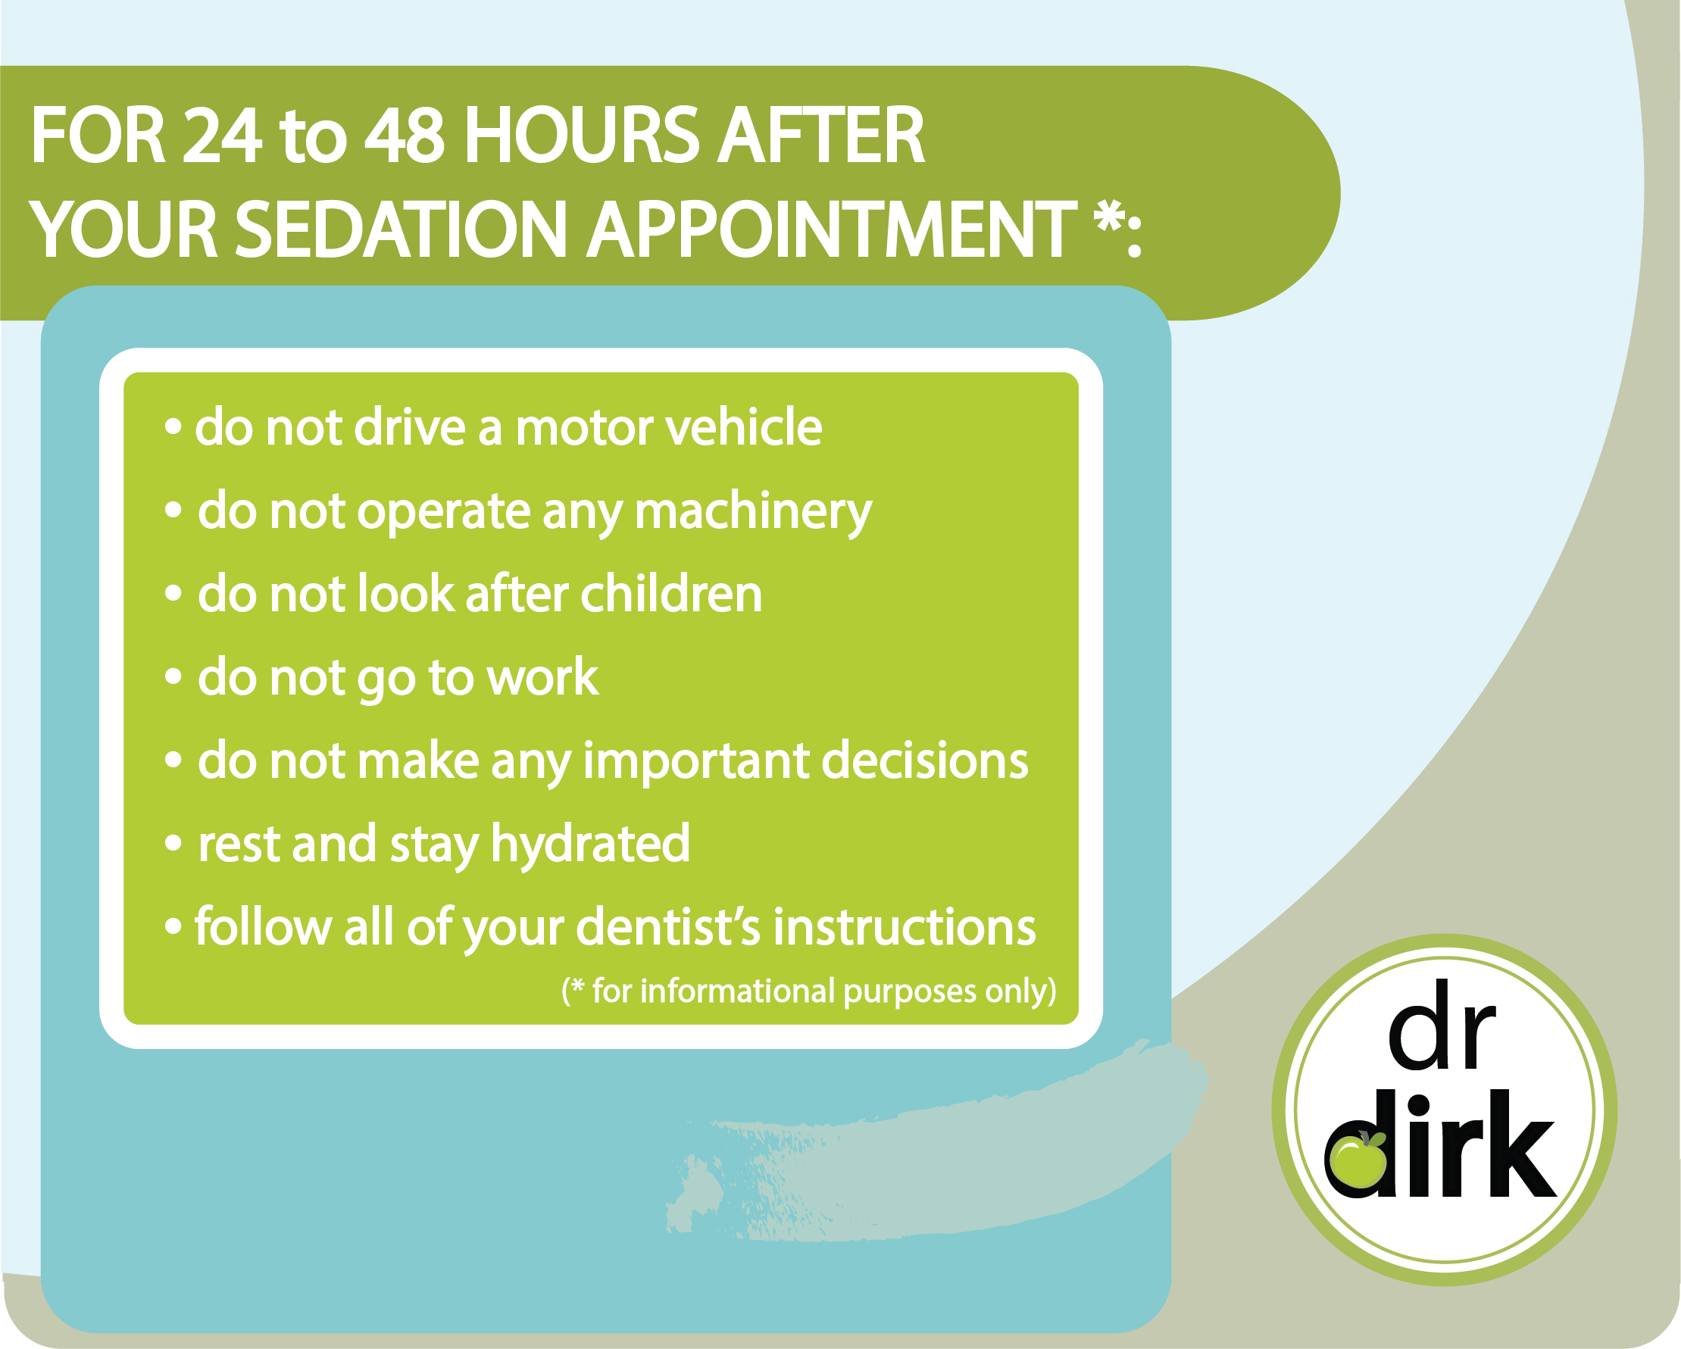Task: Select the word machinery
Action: coord(753,513)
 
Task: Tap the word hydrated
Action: coord(590,845)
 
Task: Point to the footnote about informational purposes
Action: coord(808,991)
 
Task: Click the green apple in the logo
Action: coord(1359,1161)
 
